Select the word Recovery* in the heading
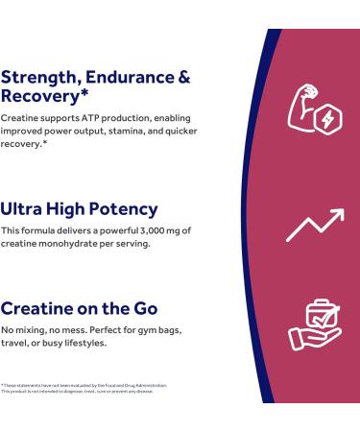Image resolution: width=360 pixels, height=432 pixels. (39, 97)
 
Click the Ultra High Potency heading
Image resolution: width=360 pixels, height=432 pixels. (78, 209)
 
